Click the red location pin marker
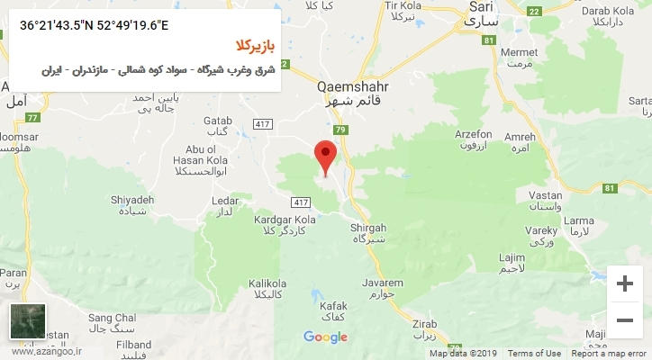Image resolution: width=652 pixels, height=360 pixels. [x=326, y=156]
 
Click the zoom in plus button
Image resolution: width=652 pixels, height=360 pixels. [x=624, y=283]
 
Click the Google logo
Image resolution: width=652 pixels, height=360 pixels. [x=325, y=337]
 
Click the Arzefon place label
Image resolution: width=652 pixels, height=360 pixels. [x=473, y=134]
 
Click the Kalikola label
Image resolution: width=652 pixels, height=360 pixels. [x=267, y=281]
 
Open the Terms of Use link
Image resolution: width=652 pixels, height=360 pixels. [x=534, y=354]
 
